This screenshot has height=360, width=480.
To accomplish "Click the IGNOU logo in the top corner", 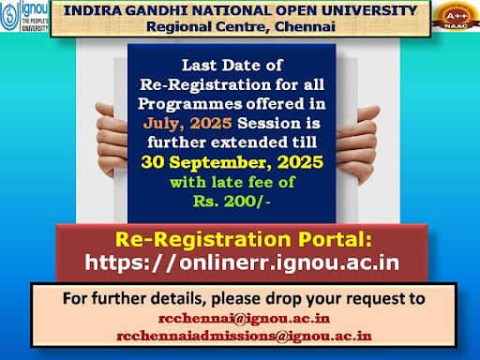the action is tap(24, 16).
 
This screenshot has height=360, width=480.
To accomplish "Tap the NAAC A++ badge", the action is tap(457, 16).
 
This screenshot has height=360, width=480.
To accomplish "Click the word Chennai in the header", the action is tap(305, 26).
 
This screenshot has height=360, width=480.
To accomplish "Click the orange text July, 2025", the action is tap(187, 123).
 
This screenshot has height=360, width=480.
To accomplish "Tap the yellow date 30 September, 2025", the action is tap(232, 162).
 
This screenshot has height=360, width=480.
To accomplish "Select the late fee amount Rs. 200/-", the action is tap(232, 202).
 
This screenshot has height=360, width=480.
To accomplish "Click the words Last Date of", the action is tap(232, 66).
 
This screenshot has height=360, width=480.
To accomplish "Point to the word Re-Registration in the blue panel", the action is tap(205, 84).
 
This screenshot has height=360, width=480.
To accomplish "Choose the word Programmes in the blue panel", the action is tap(189, 104).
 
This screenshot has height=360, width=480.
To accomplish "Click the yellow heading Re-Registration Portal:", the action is tap(244, 240).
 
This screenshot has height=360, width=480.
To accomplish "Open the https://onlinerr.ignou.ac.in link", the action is tap(242, 262).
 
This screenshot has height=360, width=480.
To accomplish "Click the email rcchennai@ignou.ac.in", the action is tap(244, 319).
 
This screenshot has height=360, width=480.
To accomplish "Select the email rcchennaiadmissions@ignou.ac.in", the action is tap(244, 337).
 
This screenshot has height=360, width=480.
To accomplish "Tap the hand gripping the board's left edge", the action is tap(111, 139).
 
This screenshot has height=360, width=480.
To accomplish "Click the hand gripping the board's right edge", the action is tap(358, 143).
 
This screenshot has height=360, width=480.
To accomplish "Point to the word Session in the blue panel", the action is tap(270, 124).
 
